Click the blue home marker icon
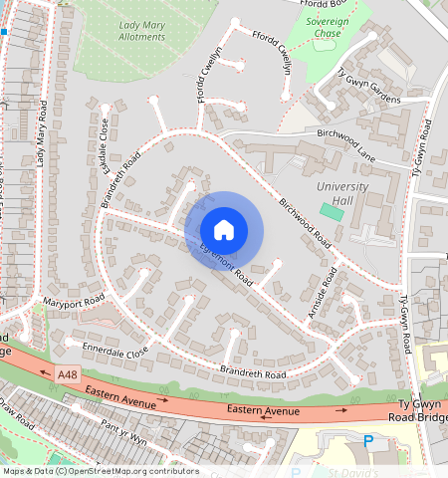click(224, 230)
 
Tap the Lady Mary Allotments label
click(141, 30)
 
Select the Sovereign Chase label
click(327, 27)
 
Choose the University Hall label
click(341, 193)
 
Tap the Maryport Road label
click(73, 300)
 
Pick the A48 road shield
click(67, 373)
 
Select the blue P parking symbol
click(368, 440)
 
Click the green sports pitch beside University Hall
click(329, 211)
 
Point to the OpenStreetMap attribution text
click(100, 471)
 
